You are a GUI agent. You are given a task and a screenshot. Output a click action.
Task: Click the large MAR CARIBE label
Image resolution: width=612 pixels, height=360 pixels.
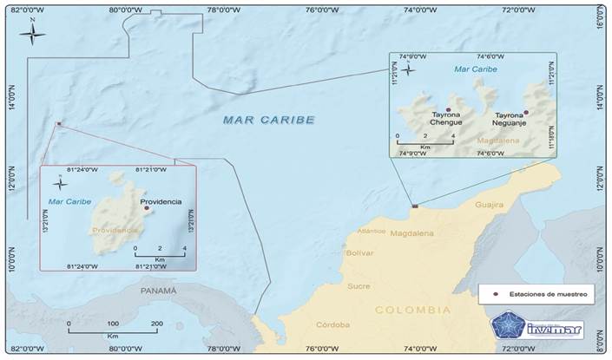tap(267, 119)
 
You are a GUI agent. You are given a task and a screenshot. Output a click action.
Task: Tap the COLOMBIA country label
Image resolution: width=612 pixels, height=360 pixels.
tap(412, 310)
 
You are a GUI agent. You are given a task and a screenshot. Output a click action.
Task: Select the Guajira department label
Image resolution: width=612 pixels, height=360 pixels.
tap(489, 205)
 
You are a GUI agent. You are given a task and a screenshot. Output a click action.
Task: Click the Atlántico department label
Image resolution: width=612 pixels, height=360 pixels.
tap(372, 232)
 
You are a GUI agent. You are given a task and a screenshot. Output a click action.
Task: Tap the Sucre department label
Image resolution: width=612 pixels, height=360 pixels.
tap(359, 285)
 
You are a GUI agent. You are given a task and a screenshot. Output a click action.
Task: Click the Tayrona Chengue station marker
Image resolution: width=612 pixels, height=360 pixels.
tap(448, 109)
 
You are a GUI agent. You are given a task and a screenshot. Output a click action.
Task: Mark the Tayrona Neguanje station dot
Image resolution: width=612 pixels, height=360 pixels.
tap(526, 111)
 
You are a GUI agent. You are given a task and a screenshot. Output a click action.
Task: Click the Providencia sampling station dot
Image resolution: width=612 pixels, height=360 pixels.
tap(147, 208)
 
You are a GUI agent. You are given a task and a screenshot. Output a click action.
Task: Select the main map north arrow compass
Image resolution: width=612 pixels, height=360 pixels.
tap(33, 33)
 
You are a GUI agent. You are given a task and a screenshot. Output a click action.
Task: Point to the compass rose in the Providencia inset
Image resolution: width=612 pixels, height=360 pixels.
tap(58, 182)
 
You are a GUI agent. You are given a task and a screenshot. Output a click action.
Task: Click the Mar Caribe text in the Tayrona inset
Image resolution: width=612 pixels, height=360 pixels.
tap(476, 68)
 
